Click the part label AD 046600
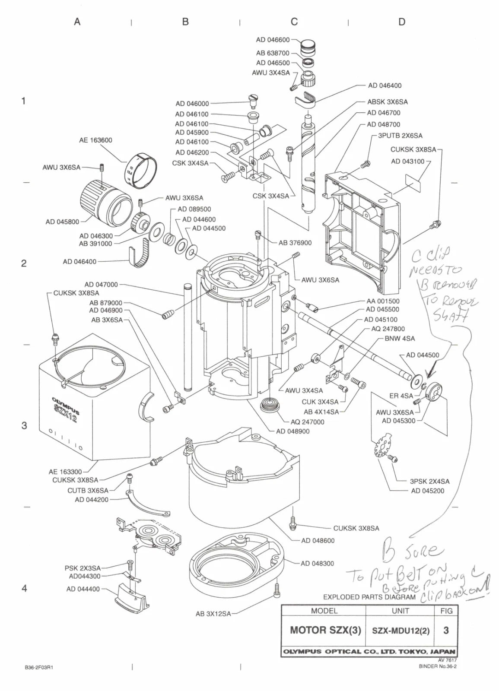pos(273,40)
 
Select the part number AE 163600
pos(95,140)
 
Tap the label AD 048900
pos(292,431)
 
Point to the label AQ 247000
pos(307,422)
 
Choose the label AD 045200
pos(427,491)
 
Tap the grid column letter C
pos(294,22)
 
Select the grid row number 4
pos(24,588)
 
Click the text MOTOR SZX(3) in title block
pos(325,630)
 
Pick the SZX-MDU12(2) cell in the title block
pos(400,631)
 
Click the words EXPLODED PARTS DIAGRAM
pos(369,597)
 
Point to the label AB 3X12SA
pos(213,613)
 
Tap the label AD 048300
pos(317,563)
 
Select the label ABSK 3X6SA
pos(387,102)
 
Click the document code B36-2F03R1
pos(39,667)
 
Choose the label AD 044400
pos(83,589)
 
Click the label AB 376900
pos(295,243)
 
